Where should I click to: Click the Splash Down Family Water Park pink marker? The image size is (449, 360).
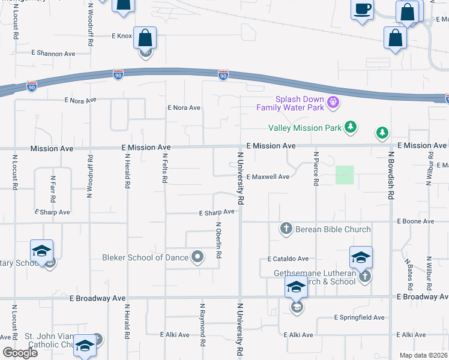334,104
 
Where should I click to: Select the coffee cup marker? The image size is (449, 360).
362,10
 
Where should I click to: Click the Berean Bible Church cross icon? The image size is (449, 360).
286,229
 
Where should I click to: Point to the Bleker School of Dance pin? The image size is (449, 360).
198,257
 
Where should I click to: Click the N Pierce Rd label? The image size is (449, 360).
315,169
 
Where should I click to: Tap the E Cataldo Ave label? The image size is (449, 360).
288,259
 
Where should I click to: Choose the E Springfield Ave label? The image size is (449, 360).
359,317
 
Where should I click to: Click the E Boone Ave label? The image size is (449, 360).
415,221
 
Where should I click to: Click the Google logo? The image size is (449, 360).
20,353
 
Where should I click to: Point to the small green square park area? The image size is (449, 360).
345,175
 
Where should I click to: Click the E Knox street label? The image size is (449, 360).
122,36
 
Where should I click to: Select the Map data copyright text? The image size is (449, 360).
423,355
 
